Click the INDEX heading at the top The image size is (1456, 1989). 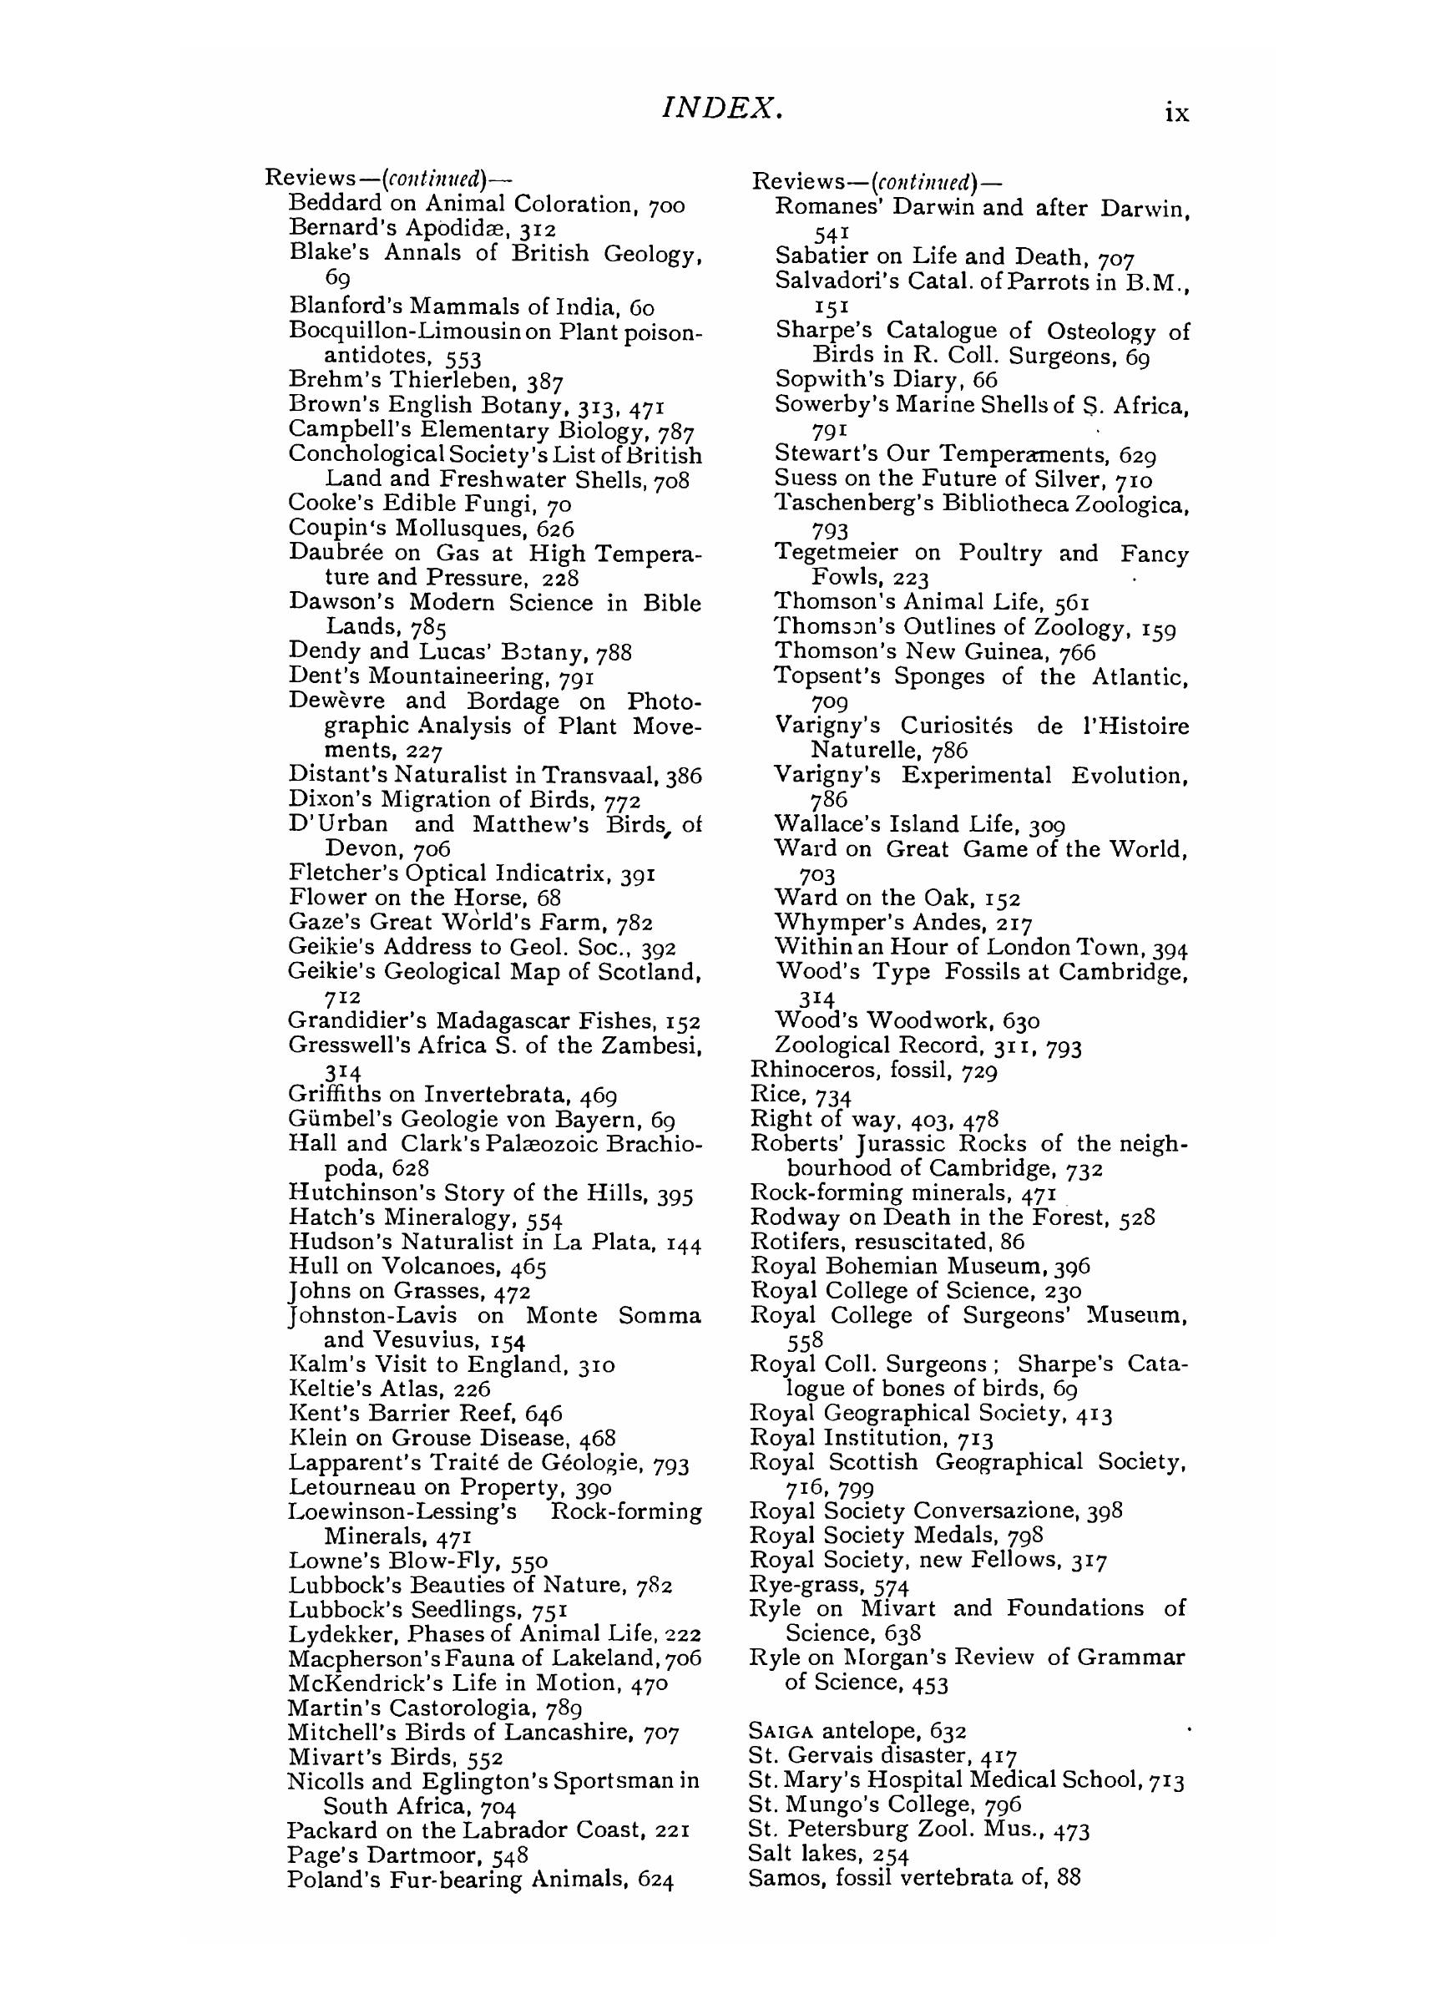pos(722,109)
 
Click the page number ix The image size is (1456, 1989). pos(1176,113)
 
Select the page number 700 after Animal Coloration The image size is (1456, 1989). pos(665,205)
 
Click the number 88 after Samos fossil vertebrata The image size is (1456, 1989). pos(1068,1878)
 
